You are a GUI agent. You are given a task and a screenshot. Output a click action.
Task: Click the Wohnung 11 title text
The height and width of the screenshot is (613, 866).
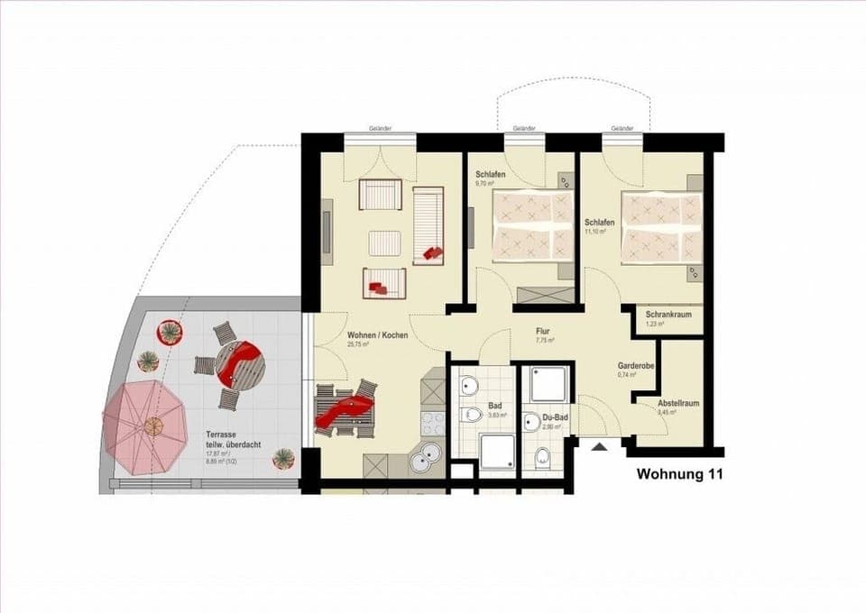[x=679, y=472]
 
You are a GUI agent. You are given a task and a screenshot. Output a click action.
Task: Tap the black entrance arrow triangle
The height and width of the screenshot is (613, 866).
[x=599, y=445]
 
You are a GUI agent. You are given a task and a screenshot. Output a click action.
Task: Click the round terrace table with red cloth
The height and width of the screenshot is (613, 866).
[x=241, y=363]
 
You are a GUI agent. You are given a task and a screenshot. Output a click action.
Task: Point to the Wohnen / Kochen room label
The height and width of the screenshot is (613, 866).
[x=377, y=335]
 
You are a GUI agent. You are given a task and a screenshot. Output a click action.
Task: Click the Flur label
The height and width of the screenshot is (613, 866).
[x=543, y=331]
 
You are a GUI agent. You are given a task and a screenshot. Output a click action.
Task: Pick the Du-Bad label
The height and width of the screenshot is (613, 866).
[x=555, y=418]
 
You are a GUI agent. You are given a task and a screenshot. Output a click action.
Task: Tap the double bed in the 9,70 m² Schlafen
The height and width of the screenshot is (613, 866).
[x=532, y=226]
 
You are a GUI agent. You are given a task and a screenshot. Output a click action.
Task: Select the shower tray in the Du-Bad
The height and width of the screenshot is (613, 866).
[x=548, y=383]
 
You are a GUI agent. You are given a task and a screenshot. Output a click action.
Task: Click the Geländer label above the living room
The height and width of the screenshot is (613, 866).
[x=380, y=129]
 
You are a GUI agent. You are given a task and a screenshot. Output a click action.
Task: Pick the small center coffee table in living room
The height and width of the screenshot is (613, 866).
[x=385, y=243]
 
